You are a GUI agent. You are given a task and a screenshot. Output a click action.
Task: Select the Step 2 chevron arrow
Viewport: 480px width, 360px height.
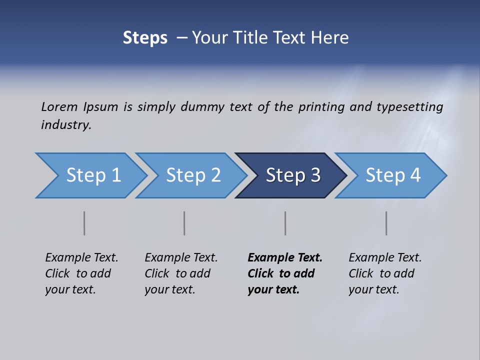pyautogui.click(x=193, y=175)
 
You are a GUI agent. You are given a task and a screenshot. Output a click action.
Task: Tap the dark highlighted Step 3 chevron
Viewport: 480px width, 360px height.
pyautogui.click(x=293, y=175)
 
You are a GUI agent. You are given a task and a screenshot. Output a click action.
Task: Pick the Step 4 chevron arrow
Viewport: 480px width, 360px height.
pyautogui.click(x=393, y=175)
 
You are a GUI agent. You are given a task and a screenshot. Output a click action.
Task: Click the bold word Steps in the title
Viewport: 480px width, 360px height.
pyautogui.click(x=145, y=38)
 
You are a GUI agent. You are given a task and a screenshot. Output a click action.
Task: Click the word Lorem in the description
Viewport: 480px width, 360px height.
pyautogui.click(x=59, y=107)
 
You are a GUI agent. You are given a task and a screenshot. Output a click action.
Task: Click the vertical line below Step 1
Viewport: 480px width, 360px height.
pyautogui.click(x=84, y=223)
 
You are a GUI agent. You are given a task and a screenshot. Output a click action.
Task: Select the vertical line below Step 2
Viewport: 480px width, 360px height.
pyautogui.click(x=184, y=223)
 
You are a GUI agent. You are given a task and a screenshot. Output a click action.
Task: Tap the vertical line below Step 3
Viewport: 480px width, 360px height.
pyautogui.click(x=285, y=223)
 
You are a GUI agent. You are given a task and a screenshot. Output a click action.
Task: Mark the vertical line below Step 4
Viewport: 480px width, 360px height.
pyautogui.click(x=386, y=223)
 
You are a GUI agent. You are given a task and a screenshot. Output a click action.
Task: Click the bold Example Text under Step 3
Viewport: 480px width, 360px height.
pyautogui.click(x=285, y=258)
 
